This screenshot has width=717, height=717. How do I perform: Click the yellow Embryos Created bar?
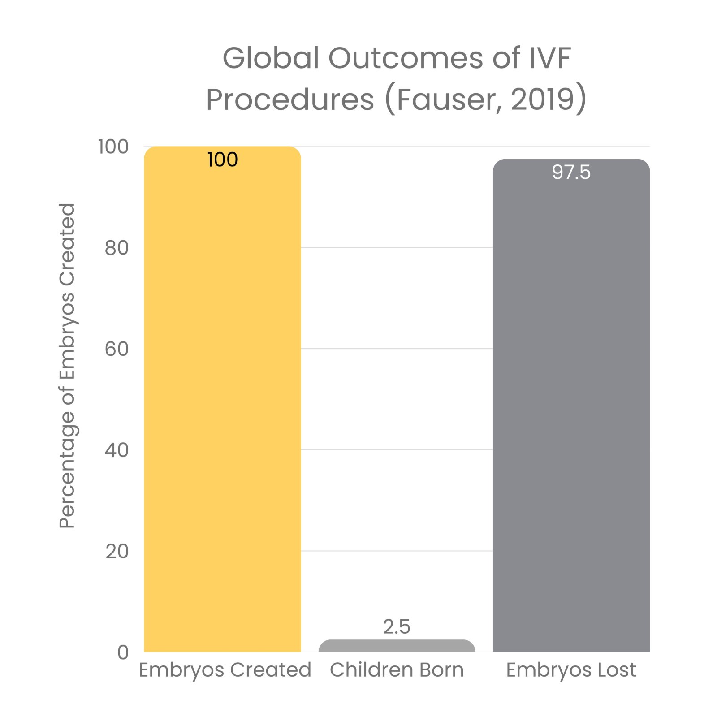click(x=222, y=403)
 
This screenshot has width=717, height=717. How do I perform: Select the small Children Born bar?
click(x=397, y=646)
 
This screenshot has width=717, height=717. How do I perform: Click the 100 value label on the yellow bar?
click(x=222, y=160)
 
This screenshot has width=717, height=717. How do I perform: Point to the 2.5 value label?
click(x=397, y=626)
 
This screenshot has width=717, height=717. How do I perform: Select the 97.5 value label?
click(x=571, y=173)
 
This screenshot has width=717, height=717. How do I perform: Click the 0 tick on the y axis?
click(x=123, y=652)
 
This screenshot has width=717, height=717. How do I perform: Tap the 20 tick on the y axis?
click(x=117, y=551)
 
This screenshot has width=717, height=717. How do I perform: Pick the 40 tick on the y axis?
click(x=117, y=450)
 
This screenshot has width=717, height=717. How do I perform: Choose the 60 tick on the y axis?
click(x=117, y=349)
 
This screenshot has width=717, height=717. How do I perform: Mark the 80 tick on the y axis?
click(x=117, y=248)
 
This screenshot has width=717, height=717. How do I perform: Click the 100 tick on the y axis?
click(x=113, y=147)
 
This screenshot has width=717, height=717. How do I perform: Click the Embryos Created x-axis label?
click(x=225, y=670)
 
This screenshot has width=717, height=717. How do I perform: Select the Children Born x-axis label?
click(x=397, y=670)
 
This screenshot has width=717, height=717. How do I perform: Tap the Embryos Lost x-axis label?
click(x=571, y=670)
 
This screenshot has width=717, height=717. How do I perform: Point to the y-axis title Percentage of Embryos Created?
click(x=67, y=366)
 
